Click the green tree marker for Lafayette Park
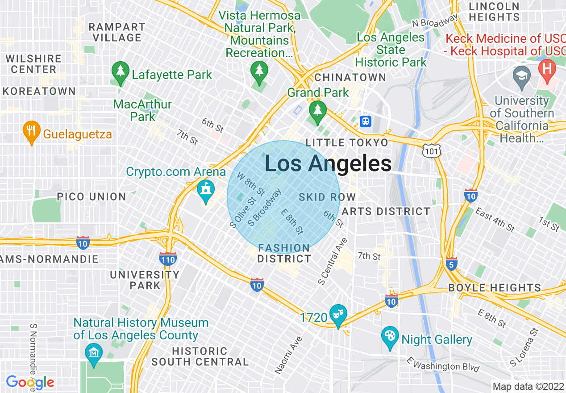tap(120, 73)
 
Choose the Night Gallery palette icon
tap(390, 338)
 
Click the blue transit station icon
tap(366, 121)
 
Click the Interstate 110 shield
tap(167, 259)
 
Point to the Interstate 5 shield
tap(451, 264)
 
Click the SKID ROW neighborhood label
tap(327, 197)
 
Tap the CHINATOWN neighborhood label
tap(350, 77)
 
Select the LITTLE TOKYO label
tap(347, 143)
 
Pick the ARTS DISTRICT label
tap(386, 211)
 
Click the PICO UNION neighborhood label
tap(92, 196)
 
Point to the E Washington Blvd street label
tap(443, 364)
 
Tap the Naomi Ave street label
tap(289, 355)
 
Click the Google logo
tap(30, 382)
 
